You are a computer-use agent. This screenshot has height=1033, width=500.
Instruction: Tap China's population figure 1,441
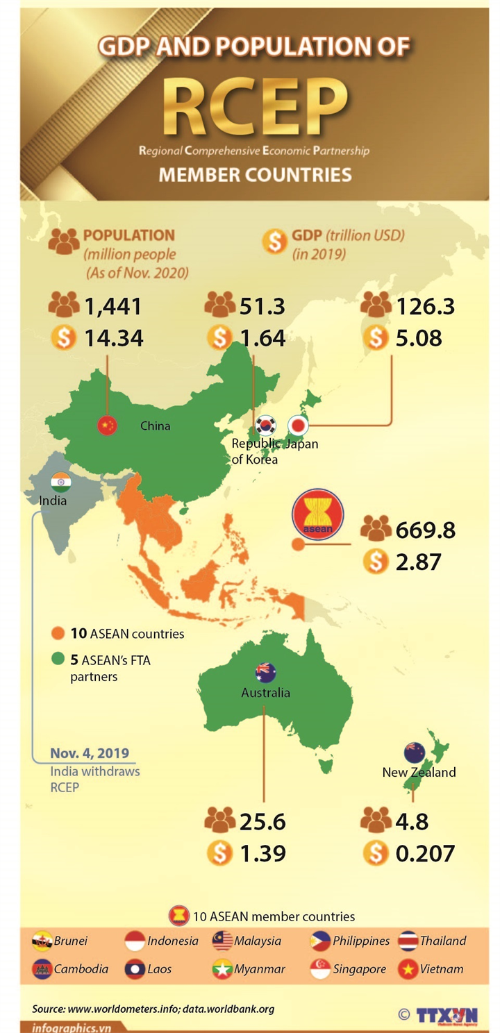(x=113, y=306)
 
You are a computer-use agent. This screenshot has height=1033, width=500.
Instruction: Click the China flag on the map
(x=107, y=426)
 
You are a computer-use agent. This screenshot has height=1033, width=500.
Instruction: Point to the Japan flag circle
(x=298, y=425)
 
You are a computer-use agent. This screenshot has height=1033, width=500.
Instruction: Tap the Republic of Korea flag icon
(x=266, y=426)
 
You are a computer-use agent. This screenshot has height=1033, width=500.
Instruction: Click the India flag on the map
(x=60, y=482)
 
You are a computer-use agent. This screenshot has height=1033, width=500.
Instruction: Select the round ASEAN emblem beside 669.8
(x=317, y=517)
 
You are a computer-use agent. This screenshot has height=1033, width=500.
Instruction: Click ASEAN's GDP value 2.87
(x=419, y=562)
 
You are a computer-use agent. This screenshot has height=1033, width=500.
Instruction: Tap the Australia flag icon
(x=265, y=672)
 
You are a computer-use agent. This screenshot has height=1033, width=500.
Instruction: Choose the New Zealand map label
(x=419, y=772)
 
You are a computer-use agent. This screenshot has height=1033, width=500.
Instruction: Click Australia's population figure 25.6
(x=262, y=822)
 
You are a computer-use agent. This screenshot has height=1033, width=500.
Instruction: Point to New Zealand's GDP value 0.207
(x=425, y=853)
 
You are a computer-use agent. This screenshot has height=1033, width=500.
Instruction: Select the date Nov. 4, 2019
(x=90, y=754)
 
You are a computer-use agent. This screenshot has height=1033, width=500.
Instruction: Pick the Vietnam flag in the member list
(x=408, y=969)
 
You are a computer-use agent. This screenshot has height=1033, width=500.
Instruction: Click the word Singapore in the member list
(x=359, y=969)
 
